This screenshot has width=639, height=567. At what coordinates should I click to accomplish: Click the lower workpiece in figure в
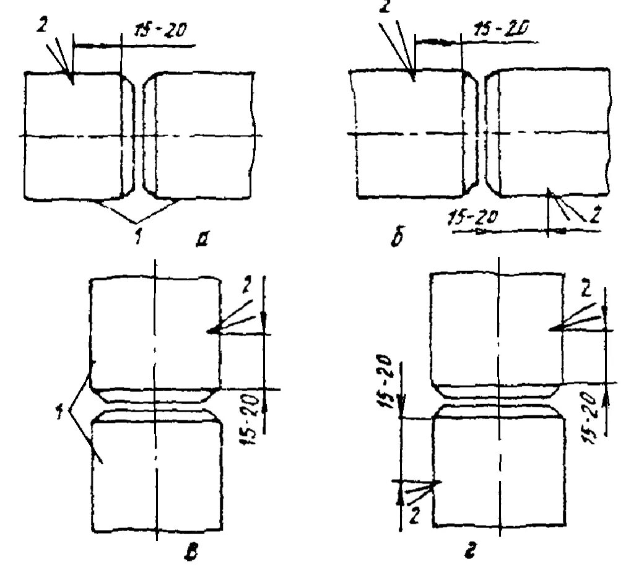157,477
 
